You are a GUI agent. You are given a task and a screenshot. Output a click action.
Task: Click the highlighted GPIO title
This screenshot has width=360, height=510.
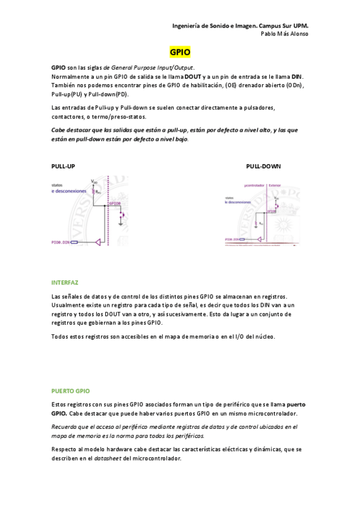tap(180, 53)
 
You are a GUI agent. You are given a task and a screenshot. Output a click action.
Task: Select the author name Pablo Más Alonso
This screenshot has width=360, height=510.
tap(285, 34)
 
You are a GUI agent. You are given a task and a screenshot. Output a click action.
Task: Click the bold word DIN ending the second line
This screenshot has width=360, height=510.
tap(297, 76)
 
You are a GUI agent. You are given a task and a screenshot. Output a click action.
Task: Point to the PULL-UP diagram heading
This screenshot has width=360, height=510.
tap(63, 166)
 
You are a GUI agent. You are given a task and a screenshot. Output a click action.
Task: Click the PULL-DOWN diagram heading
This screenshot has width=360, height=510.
tap(263, 166)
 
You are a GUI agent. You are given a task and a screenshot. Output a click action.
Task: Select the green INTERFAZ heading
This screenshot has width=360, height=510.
tap(65, 282)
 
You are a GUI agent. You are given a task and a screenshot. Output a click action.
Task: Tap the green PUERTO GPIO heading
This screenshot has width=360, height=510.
tap(70, 391)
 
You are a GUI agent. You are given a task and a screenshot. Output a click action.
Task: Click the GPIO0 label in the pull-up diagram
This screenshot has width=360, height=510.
tap(115, 204)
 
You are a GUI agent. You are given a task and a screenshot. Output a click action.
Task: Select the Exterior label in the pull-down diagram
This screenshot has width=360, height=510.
tap(274, 185)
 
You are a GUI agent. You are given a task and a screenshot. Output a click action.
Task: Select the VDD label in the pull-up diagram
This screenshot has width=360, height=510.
tap(94, 180)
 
